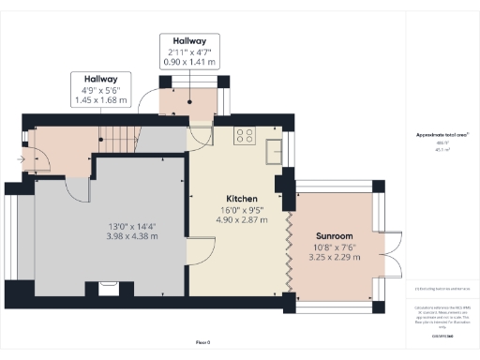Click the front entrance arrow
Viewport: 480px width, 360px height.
coord(21,159)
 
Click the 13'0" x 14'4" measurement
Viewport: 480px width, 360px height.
coord(131,225)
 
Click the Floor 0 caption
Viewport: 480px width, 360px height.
coord(202,343)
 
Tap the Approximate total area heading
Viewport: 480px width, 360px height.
coord(442,136)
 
